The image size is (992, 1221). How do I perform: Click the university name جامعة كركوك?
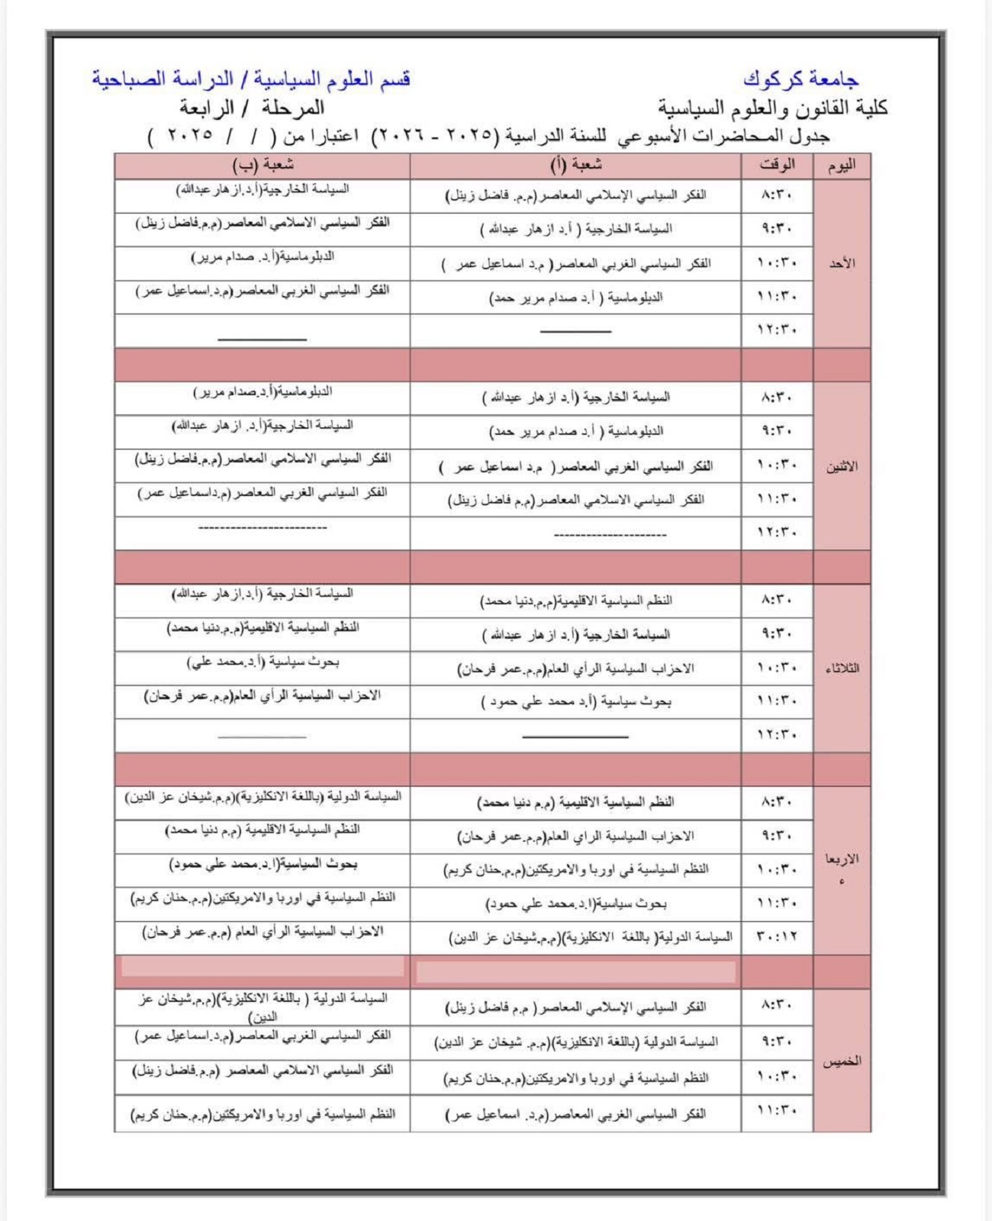(x=800, y=79)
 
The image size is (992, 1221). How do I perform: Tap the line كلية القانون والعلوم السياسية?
(x=773, y=108)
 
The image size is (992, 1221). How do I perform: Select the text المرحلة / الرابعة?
(x=252, y=108)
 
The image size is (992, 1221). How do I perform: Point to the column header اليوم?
(x=841, y=166)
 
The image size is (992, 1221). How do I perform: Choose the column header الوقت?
(x=777, y=165)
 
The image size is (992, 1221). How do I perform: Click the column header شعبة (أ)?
(x=575, y=165)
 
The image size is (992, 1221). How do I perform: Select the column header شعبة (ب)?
(x=262, y=165)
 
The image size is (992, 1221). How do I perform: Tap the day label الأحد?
(x=842, y=263)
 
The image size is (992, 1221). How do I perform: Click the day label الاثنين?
(x=842, y=466)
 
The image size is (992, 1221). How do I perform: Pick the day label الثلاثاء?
(x=842, y=668)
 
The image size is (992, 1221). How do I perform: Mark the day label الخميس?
(x=842, y=1061)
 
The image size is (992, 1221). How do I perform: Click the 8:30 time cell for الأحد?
(x=777, y=195)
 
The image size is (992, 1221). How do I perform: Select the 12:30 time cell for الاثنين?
(x=777, y=533)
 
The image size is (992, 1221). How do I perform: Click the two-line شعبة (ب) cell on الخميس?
(x=262, y=1007)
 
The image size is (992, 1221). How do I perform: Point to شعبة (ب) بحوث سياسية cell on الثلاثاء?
(x=262, y=662)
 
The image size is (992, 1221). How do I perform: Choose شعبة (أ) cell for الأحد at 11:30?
(x=575, y=298)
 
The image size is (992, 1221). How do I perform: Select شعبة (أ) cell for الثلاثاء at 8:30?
(x=575, y=601)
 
